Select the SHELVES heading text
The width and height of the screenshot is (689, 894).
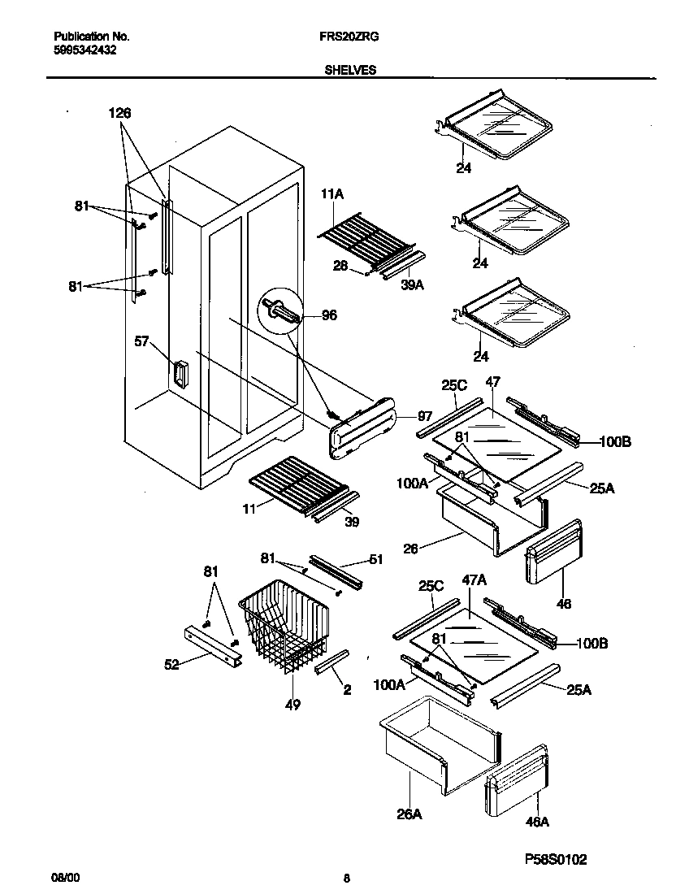point(350,71)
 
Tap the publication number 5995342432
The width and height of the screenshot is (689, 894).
point(84,49)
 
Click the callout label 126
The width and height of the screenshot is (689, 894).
point(120,113)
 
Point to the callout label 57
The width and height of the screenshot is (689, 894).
point(141,342)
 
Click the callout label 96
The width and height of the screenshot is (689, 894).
point(329,315)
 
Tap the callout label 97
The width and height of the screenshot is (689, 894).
point(423,415)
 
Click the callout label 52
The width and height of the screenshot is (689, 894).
point(171,664)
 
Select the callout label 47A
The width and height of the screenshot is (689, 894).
point(474,602)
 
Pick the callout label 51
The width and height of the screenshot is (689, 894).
point(375,558)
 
